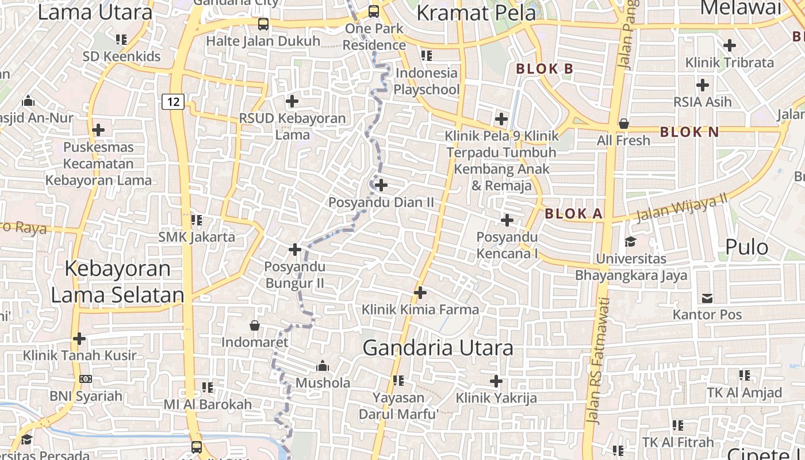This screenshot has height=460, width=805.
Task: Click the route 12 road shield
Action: pos(172,102)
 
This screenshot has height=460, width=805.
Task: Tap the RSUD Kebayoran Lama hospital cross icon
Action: pos(292,101)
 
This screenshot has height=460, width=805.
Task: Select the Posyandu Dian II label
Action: pos(381,202)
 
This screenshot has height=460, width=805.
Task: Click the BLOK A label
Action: pos(573,214)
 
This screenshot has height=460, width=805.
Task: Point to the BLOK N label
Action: pos(689,132)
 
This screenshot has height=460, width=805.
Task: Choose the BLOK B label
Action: pos(545,69)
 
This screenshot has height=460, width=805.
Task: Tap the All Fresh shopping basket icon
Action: pos(623,123)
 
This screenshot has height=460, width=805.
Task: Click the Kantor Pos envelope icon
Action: pos(707,298)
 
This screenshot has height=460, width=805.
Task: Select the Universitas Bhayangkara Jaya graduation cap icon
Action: pos(631,241)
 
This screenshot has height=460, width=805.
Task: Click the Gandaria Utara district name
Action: pos(438,348)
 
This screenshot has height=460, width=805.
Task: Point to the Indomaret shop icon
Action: pos(255,326)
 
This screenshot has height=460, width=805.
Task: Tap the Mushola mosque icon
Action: pos(323,366)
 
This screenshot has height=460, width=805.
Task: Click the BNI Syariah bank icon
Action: pos(86,379)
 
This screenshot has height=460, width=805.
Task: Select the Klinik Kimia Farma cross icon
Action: pos(420,293)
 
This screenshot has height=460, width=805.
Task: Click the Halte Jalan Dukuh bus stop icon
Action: pos(263,24)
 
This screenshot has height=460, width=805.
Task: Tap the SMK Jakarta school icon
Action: pos(197,220)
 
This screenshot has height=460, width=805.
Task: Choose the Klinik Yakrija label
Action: pos(496,397)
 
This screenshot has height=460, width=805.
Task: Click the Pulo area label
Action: pos(746,247)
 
